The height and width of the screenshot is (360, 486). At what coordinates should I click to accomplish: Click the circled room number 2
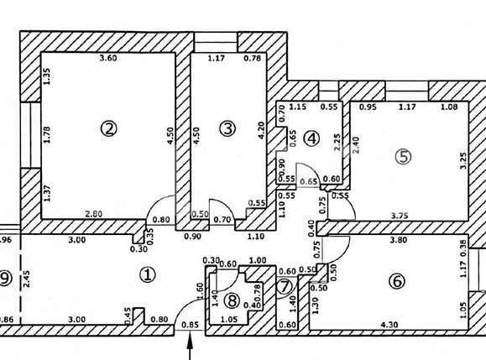pos(109,129)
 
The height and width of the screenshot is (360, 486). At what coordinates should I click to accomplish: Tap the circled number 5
pos(404,157)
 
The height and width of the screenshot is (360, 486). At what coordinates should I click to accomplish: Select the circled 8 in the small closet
pos(233,300)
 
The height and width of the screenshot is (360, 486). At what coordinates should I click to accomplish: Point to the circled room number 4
pos(311,138)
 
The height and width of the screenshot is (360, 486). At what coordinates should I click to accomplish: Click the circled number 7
pos(285,287)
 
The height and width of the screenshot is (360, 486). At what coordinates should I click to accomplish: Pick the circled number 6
pos(397,282)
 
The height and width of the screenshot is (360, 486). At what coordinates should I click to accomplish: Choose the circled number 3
pos(227,128)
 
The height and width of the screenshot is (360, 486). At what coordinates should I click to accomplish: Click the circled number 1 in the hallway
pos(147,274)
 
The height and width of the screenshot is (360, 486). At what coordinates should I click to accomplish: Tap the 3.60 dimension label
pos(108,58)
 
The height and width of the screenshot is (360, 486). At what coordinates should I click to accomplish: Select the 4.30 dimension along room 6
pos(389,325)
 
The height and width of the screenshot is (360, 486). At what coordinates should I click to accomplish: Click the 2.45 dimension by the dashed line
pos(27,279)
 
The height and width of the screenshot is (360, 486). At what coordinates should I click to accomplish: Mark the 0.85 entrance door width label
pos(190,325)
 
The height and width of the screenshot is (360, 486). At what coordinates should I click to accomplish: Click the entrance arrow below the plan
pos(190,346)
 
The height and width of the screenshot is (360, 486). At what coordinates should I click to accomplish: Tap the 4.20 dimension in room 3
pos(261,130)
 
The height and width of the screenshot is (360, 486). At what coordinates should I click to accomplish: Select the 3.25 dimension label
pos(463,160)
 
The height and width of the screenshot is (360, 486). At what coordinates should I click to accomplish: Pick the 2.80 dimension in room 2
pos(94,214)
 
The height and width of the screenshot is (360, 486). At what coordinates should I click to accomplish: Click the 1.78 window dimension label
pos(46,135)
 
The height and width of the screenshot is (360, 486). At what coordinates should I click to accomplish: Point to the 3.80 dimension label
pos(398,240)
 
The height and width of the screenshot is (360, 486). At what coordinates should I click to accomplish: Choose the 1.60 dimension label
pos(201,291)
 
